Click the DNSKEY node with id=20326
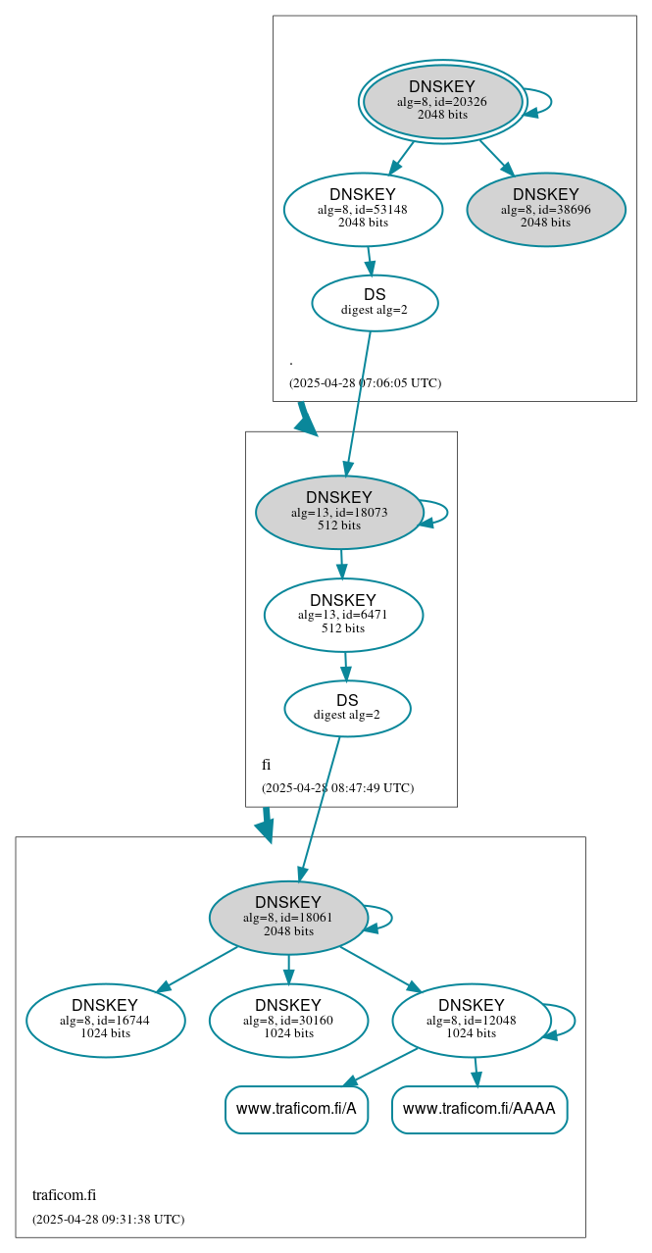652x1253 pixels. tap(442, 101)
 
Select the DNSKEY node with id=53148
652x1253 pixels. tap(363, 209)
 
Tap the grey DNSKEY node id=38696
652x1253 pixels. tap(546, 209)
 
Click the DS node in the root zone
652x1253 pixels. tap(375, 302)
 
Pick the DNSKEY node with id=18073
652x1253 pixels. tap(339, 512)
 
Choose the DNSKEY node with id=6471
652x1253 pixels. tap(343, 615)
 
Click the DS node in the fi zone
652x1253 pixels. tap(347, 708)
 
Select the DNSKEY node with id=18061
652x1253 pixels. tap(288, 917)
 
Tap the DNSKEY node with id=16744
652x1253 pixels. tap(105, 1020)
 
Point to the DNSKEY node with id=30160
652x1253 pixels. tap(288, 1020)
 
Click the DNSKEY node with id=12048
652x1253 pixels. tap(472, 1020)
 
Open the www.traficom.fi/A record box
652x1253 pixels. tap(296, 1109)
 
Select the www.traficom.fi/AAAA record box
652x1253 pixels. tap(479, 1109)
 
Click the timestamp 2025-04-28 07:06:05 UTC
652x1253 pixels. tap(365, 382)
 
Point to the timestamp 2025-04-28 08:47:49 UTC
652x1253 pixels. tap(337, 787)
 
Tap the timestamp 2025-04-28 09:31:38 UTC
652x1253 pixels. tap(108, 1219)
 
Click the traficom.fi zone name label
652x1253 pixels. tap(64, 1194)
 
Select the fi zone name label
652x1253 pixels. tap(266, 764)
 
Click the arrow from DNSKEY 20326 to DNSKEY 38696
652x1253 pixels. tap(495, 157)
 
